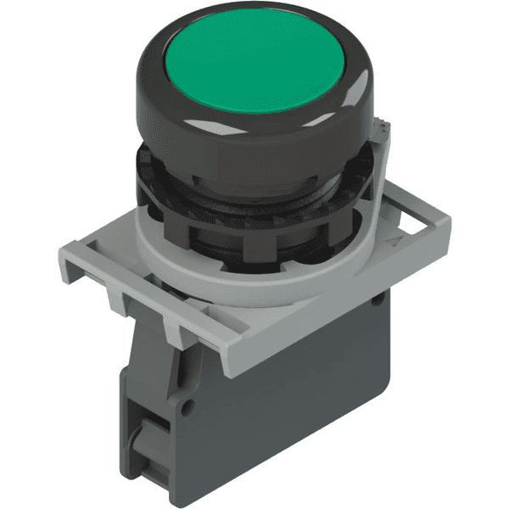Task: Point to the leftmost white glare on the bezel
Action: tap(139, 88)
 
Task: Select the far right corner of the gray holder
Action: tap(448, 222)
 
